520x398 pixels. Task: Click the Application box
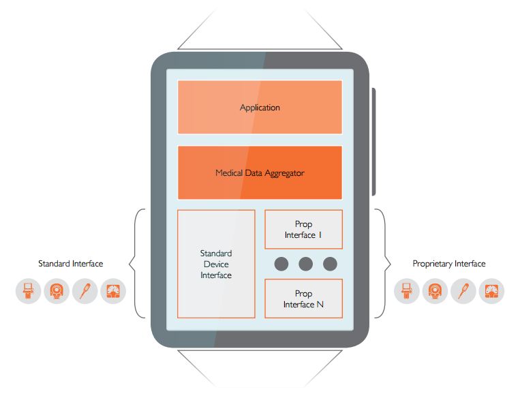click(x=260, y=107)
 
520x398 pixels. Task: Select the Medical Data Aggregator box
click(x=260, y=172)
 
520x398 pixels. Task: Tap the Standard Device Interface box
click(x=216, y=264)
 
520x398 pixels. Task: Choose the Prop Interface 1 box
click(x=303, y=229)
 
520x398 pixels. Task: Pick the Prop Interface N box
click(x=303, y=298)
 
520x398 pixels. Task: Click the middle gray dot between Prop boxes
click(x=305, y=264)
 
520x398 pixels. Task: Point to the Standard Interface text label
click(x=71, y=264)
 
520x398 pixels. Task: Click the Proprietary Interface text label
click(x=449, y=264)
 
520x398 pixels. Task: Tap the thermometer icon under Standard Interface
click(x=85, y=291)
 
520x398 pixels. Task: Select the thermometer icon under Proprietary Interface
click(x=463, y=291)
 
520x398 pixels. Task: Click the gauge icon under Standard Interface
click(x=113, y=291)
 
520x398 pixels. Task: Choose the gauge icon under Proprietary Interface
click(x=491, y=291)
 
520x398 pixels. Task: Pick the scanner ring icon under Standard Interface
click(x=57, y=291)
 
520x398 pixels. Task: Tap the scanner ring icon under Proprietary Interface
click(x=435, y=291)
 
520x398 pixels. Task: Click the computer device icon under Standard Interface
click(x=28, y=291)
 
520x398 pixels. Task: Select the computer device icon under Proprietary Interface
click(x=407, y=291)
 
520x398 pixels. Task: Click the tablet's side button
click(x=373, y=142)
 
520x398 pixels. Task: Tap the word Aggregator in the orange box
click(x=285, y=173)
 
